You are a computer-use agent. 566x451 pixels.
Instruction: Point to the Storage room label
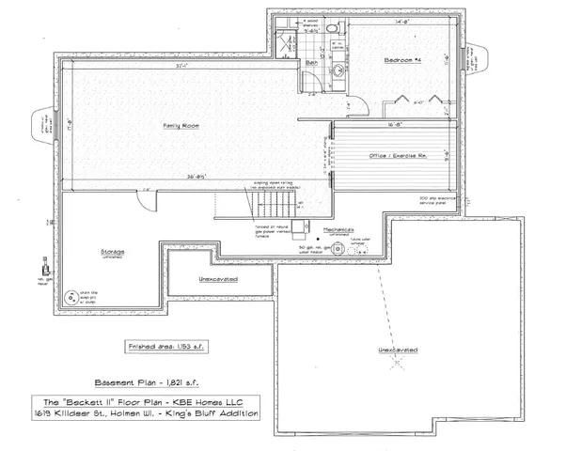click(114, 252)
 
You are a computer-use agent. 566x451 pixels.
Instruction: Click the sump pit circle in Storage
click(70, 298)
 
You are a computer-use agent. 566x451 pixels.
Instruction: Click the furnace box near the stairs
click(298, 226)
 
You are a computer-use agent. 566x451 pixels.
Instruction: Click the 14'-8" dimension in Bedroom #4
click(401, 20)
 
